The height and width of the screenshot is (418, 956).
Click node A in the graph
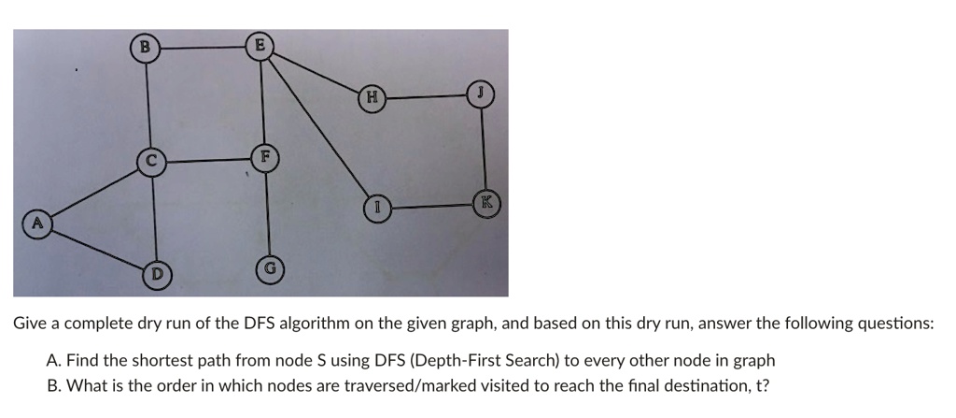tap(37, 223)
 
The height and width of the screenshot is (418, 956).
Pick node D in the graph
tap(157, 273)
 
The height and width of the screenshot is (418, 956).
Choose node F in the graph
tap(264, 157)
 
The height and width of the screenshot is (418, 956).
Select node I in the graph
tap(378, 208)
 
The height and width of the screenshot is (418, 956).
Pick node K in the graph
tap(487, 203)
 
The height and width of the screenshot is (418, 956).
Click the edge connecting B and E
tap(203, 48)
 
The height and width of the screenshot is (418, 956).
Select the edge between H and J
tap(426, 96)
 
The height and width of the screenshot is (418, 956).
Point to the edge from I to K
tap(433, 206)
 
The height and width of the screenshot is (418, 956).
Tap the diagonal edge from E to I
tap(318, 127)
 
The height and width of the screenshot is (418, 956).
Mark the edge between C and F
tap(208, 160)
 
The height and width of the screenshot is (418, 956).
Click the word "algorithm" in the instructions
tap(322, 324)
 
